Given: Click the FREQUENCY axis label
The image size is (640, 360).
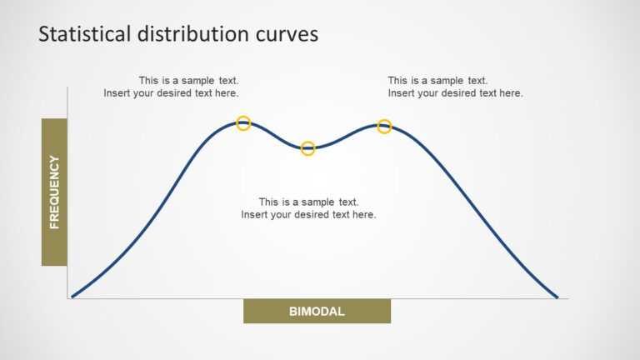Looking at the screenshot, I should pyautogui.click(x=54, y=192).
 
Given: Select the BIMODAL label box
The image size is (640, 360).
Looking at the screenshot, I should pyautogui.click(x=317, y=312).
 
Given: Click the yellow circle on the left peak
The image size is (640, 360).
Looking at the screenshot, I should pyautogui.click(x=243, y=123).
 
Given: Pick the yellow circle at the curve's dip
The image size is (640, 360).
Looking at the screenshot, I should pyautogui.click(x=307, y=148).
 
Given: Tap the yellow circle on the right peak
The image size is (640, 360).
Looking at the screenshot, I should pyautogui.click(x=384, y=127).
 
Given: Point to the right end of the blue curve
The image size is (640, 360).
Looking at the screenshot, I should pyautogui.click(x=557, y=296).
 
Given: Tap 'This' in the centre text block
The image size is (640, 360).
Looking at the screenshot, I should pyautogui.click(x=269, y=202).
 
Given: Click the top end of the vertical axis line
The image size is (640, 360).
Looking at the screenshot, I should pyautogui.click(x=67, y=87).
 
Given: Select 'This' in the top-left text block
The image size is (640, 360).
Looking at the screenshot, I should pyautogui.click(x=149, y=81).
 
